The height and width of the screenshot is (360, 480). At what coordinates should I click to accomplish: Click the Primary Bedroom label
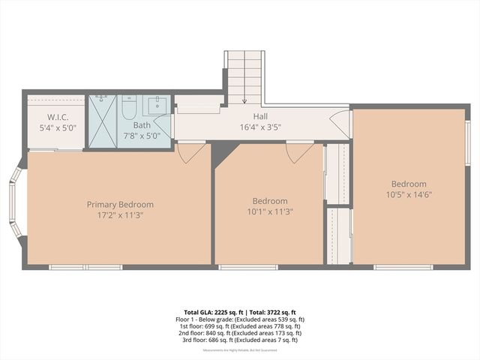pos(120,204)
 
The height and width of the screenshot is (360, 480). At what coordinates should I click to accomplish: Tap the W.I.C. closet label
pos(58,117)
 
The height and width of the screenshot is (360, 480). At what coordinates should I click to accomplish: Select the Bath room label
pos(142,125)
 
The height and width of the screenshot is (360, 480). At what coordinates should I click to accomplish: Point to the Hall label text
pos(260,116)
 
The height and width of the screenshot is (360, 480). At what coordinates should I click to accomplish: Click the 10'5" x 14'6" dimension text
pos(408,195)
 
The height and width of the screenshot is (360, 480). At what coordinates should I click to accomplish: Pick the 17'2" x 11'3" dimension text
pos(120,215)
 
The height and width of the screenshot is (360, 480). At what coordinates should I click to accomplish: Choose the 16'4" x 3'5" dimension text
pos(260,127)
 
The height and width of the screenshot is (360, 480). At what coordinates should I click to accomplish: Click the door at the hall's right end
pos(340,124)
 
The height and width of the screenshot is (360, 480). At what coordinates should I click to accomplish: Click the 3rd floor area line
pos(240,340)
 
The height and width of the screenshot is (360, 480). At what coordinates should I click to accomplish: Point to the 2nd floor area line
pos(240,333)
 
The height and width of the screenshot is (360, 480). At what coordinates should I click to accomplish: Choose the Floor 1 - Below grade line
pos(240,319)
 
